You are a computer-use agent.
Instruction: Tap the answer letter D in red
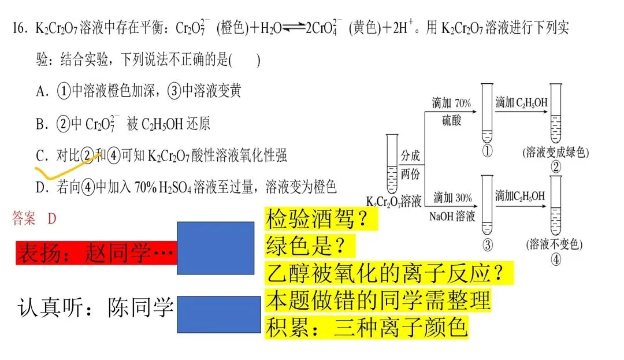[x=52, y=218]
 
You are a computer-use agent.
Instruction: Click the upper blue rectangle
[x=215, y=244]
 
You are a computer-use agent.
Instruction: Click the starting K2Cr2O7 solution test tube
[x=392, y=165]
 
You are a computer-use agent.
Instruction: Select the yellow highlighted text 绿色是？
[x=306, y=247]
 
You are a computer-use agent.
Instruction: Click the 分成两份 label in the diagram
[x=410, y=164]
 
